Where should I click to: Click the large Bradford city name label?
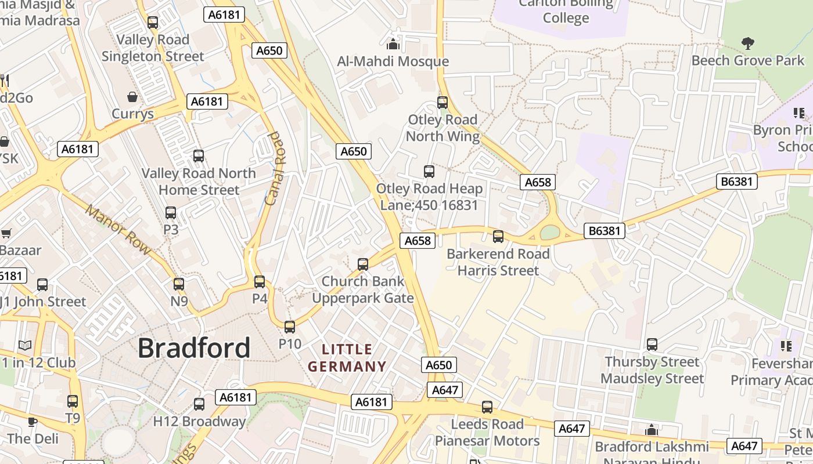click(x=194, y=348)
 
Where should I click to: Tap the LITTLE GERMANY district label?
click(x=347, y=358)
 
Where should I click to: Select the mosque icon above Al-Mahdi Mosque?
click(x=393, y=44)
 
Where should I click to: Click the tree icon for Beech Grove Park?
click(x=748, y=43)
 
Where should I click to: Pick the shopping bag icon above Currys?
click(x=132, y=96)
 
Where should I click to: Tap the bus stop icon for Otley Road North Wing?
click(x=443, y=103)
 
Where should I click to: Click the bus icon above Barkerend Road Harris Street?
click(x=498, y=237)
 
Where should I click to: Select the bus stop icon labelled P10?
click(x=290, y=327)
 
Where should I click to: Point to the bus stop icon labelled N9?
click(x=179, y=284)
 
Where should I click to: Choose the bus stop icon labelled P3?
click(x=171, y=213)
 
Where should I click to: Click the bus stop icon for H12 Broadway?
click(x=199, y=404)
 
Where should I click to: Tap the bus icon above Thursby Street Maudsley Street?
click(x=652, y=345)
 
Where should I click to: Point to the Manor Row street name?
click(x=118, y=230)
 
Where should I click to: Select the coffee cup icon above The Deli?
click(x=33, y=422)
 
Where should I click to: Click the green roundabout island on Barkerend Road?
click(x=549, y=233)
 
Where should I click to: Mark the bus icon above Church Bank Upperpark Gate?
click(x=363, y=264)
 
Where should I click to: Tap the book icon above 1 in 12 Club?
click(x=25, y=346)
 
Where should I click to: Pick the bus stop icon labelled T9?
click(x=73, y=401)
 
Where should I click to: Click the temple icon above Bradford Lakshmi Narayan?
click(x=652, y=430)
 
